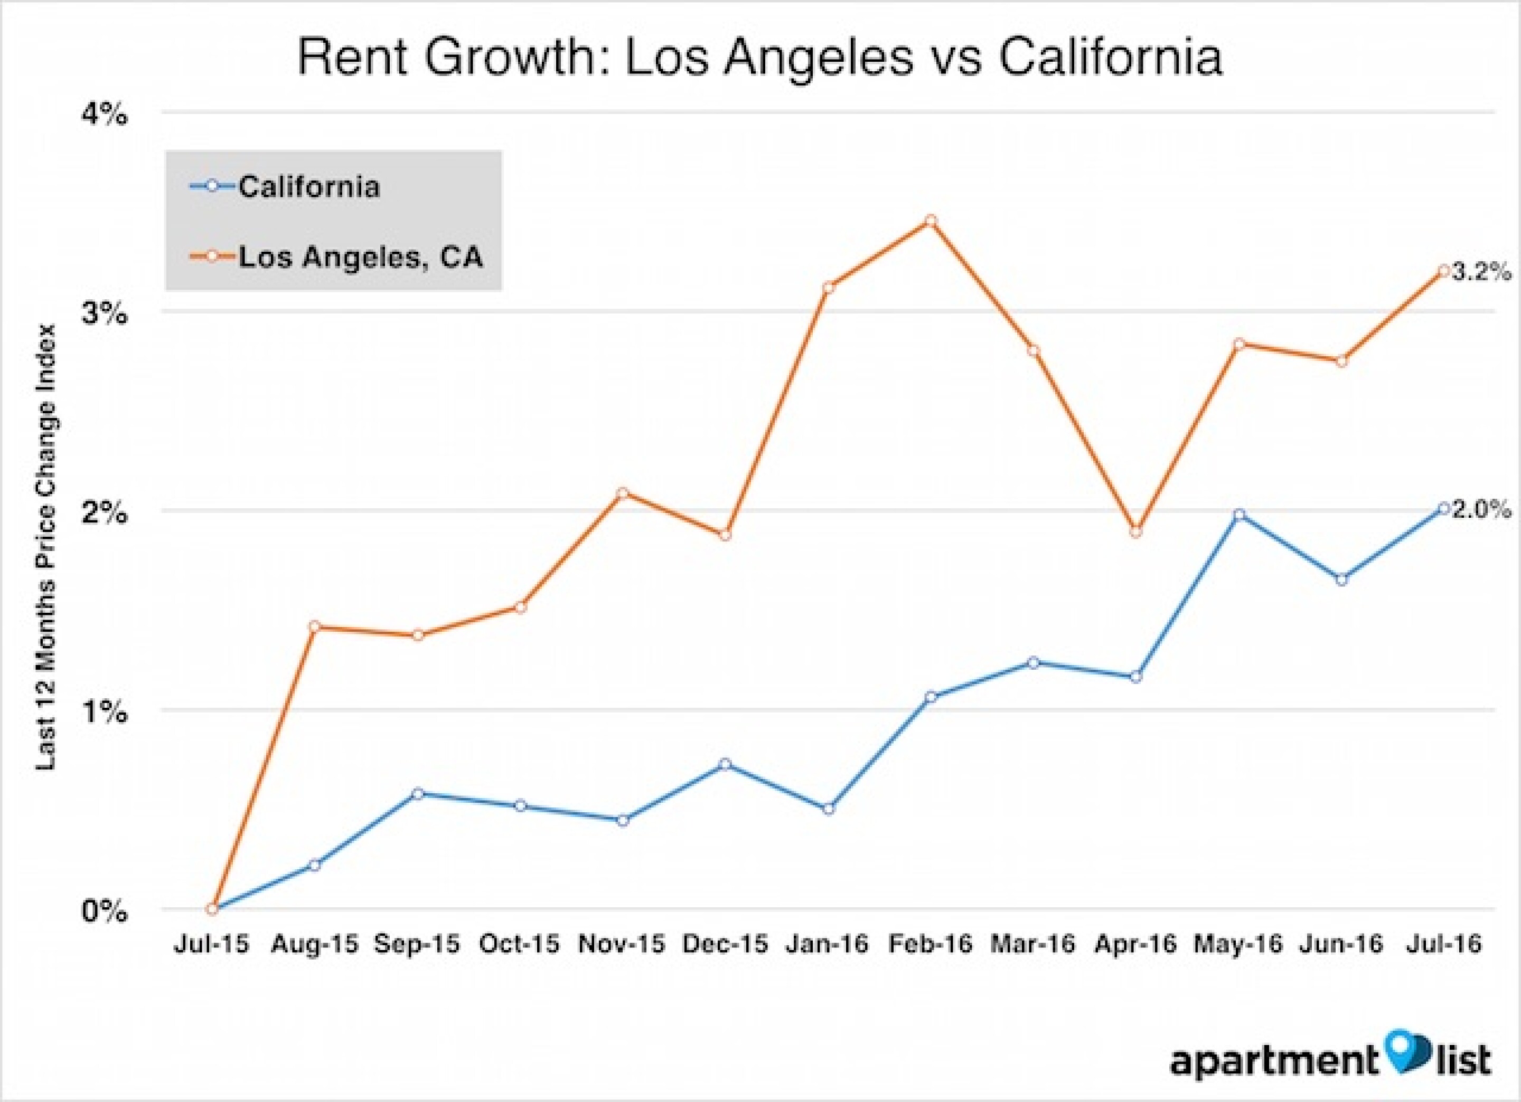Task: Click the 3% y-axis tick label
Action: coord(104,313)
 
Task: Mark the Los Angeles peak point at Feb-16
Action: coord(930,221)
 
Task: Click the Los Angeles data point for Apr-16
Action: coord(1135,531)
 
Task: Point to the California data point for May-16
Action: coord(1238,515)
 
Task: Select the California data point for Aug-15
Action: coord(315,864)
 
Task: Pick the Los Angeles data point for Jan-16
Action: coord(828,288)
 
